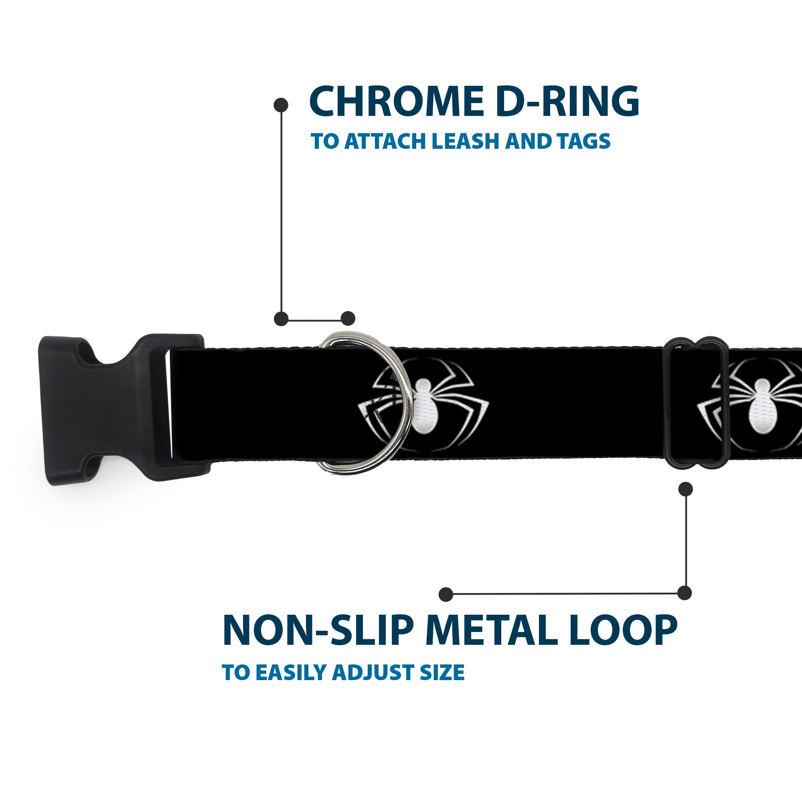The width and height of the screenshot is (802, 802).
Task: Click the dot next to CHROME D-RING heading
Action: [x=281, y=105]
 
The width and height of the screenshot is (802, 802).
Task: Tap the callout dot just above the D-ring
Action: [x=348, y=318]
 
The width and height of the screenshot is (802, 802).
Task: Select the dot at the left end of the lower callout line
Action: [x=446, y=594]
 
